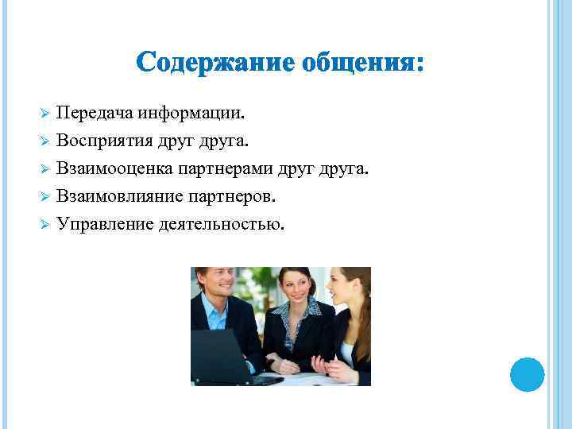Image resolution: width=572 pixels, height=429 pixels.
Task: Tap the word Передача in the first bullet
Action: [95, 113]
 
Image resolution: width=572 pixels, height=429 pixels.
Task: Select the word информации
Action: [191, 113]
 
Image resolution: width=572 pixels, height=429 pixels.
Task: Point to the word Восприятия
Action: [103, 141]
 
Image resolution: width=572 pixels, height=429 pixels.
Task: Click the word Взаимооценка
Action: [114, 168]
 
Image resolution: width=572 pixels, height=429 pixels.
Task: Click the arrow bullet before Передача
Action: [45, 114]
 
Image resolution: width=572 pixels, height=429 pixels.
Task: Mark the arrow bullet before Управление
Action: [45, 225]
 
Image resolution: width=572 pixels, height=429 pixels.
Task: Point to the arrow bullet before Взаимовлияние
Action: [45, 197]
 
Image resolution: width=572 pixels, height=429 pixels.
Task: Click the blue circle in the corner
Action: [526, 373]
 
